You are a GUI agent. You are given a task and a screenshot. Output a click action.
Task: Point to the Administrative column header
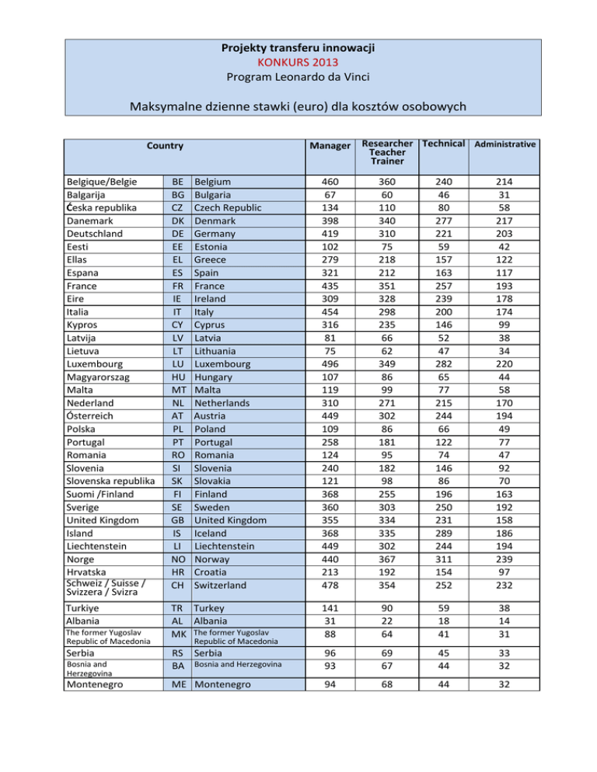[x=505, y=144]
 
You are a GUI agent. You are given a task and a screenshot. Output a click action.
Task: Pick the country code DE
[x=177, y=232]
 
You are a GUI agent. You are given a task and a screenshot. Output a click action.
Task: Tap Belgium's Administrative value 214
[x=505, y=181]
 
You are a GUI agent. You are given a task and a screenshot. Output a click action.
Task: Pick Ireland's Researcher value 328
[x=385, y=298]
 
